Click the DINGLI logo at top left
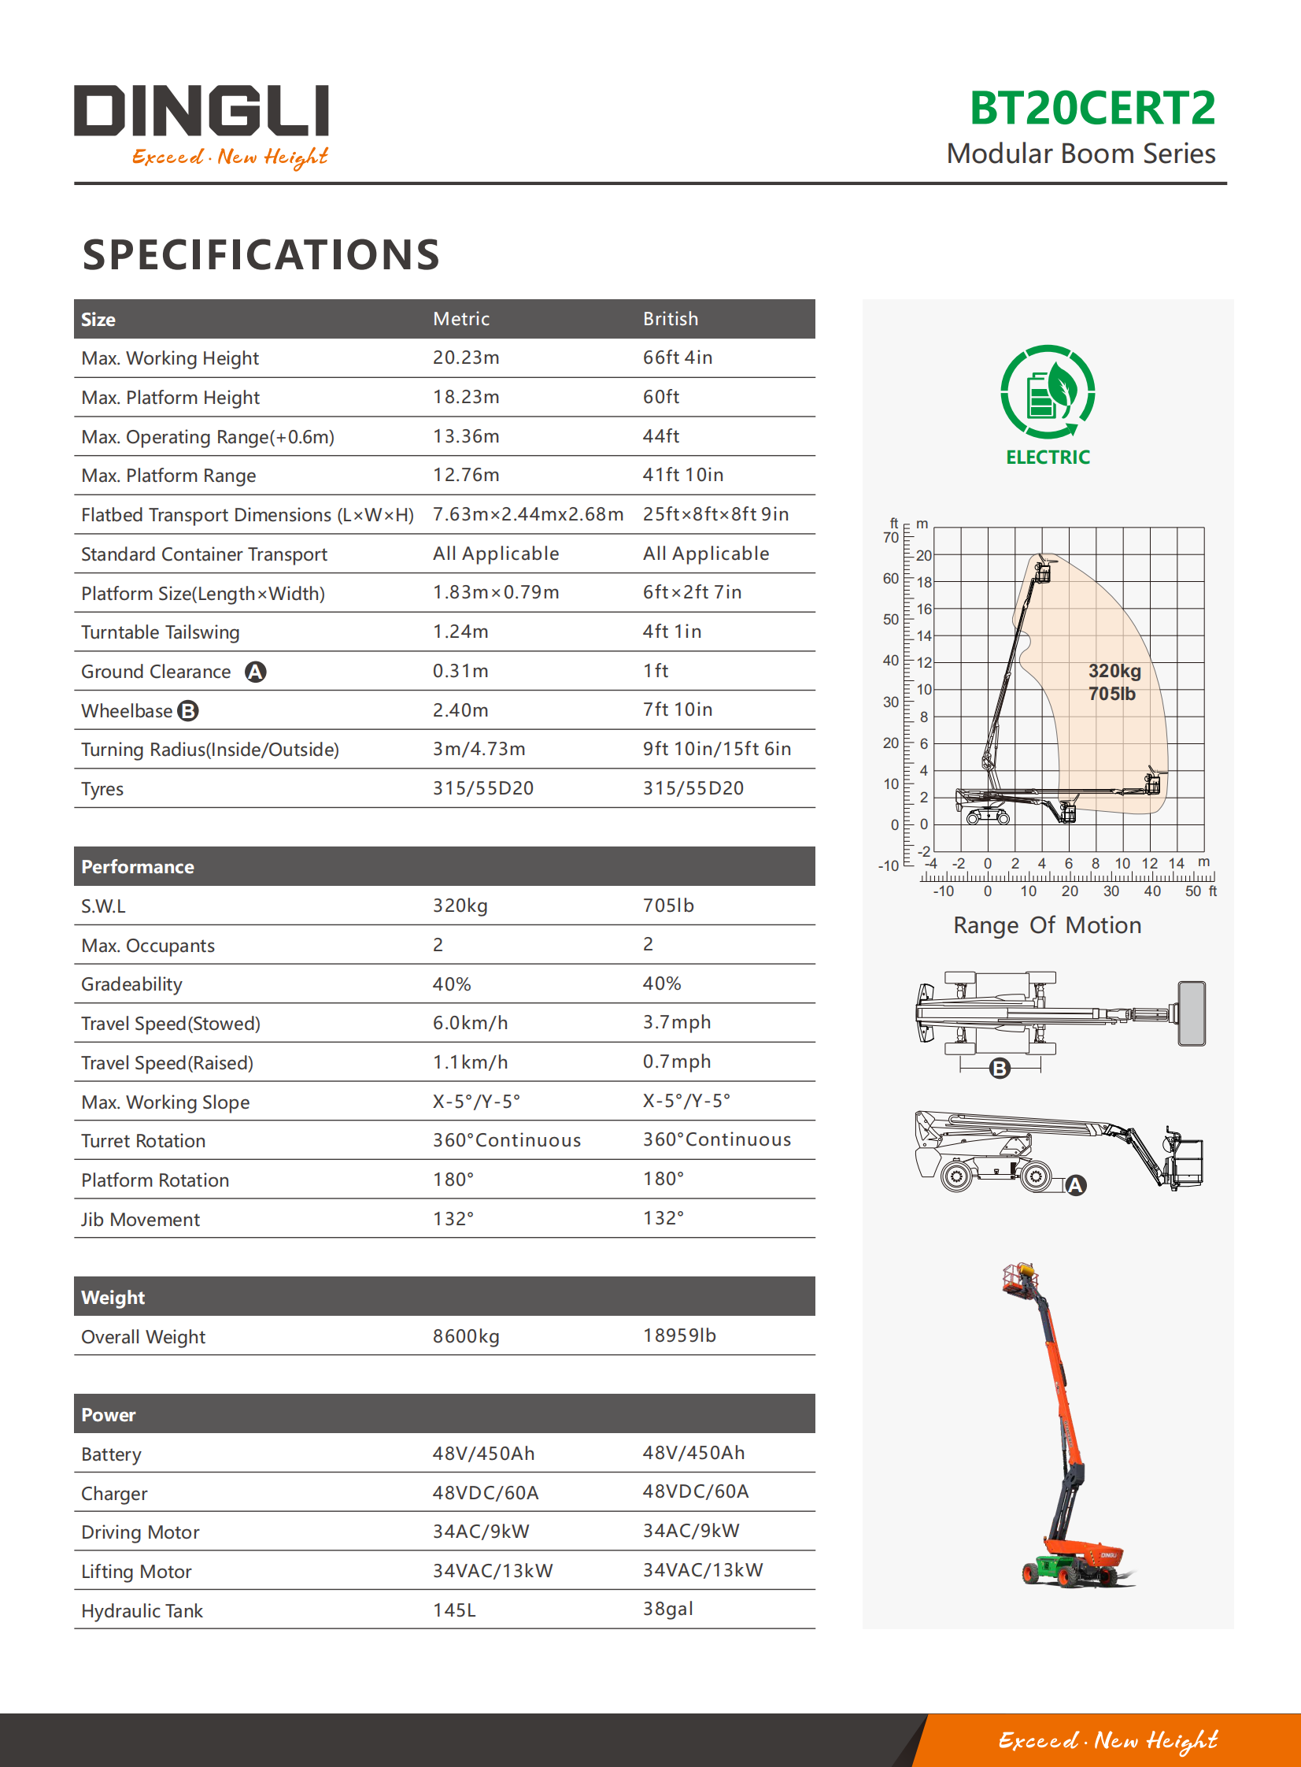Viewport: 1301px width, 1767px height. [x=201, y=124]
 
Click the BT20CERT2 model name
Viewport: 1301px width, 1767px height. [x=1092, y=108]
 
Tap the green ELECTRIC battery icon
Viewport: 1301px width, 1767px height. [x=1048, y=391]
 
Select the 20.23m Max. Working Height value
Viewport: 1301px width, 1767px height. [x=465, y=357]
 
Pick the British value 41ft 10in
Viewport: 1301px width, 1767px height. [x=683, y=475]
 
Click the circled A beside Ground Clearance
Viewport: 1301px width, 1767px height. [x=255, y=672]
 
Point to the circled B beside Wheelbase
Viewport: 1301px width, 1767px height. [x=188, y=711]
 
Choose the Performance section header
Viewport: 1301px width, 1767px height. [x=138, y=866]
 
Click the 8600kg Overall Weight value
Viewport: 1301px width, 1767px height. [x=465, y=1337]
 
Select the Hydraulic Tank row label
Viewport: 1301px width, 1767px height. [x=142, y=1611]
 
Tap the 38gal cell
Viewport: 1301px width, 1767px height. [x=668, y=1610]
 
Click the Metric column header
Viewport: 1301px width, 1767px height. [x=460, y=319]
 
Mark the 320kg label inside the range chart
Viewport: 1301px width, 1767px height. [x=1114, y=671]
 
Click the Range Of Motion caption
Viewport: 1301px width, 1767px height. [x=1047, y=925]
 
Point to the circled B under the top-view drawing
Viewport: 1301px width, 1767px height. [x=1000, y=1069]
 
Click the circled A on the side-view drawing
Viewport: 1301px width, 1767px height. [x=1076, y=1185]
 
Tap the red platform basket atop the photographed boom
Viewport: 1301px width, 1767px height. [x=1020, y=1278]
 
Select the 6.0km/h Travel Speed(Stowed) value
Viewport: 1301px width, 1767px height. [x=470, y=1024]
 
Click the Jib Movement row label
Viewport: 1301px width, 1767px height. [x=140, y=1220]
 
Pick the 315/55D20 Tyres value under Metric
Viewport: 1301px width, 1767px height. [x=482, y=788]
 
